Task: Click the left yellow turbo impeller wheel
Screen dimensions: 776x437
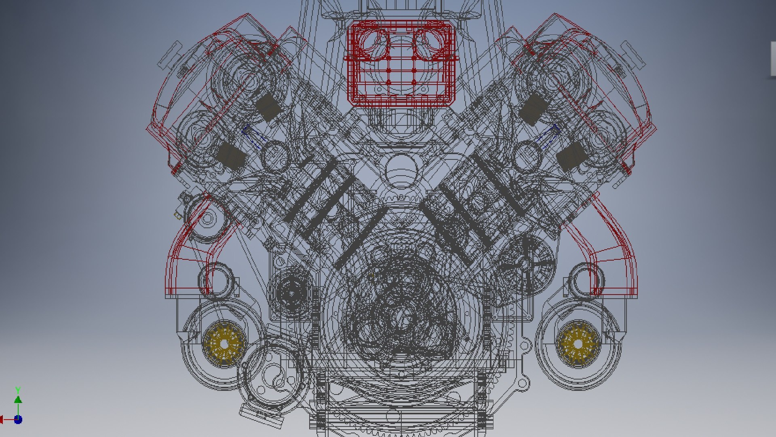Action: coord(224,344)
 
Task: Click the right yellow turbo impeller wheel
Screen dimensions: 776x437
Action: coord(578,344)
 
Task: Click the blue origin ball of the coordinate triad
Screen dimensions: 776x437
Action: coord(18,420)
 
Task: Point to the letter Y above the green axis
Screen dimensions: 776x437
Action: coord(18,390)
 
